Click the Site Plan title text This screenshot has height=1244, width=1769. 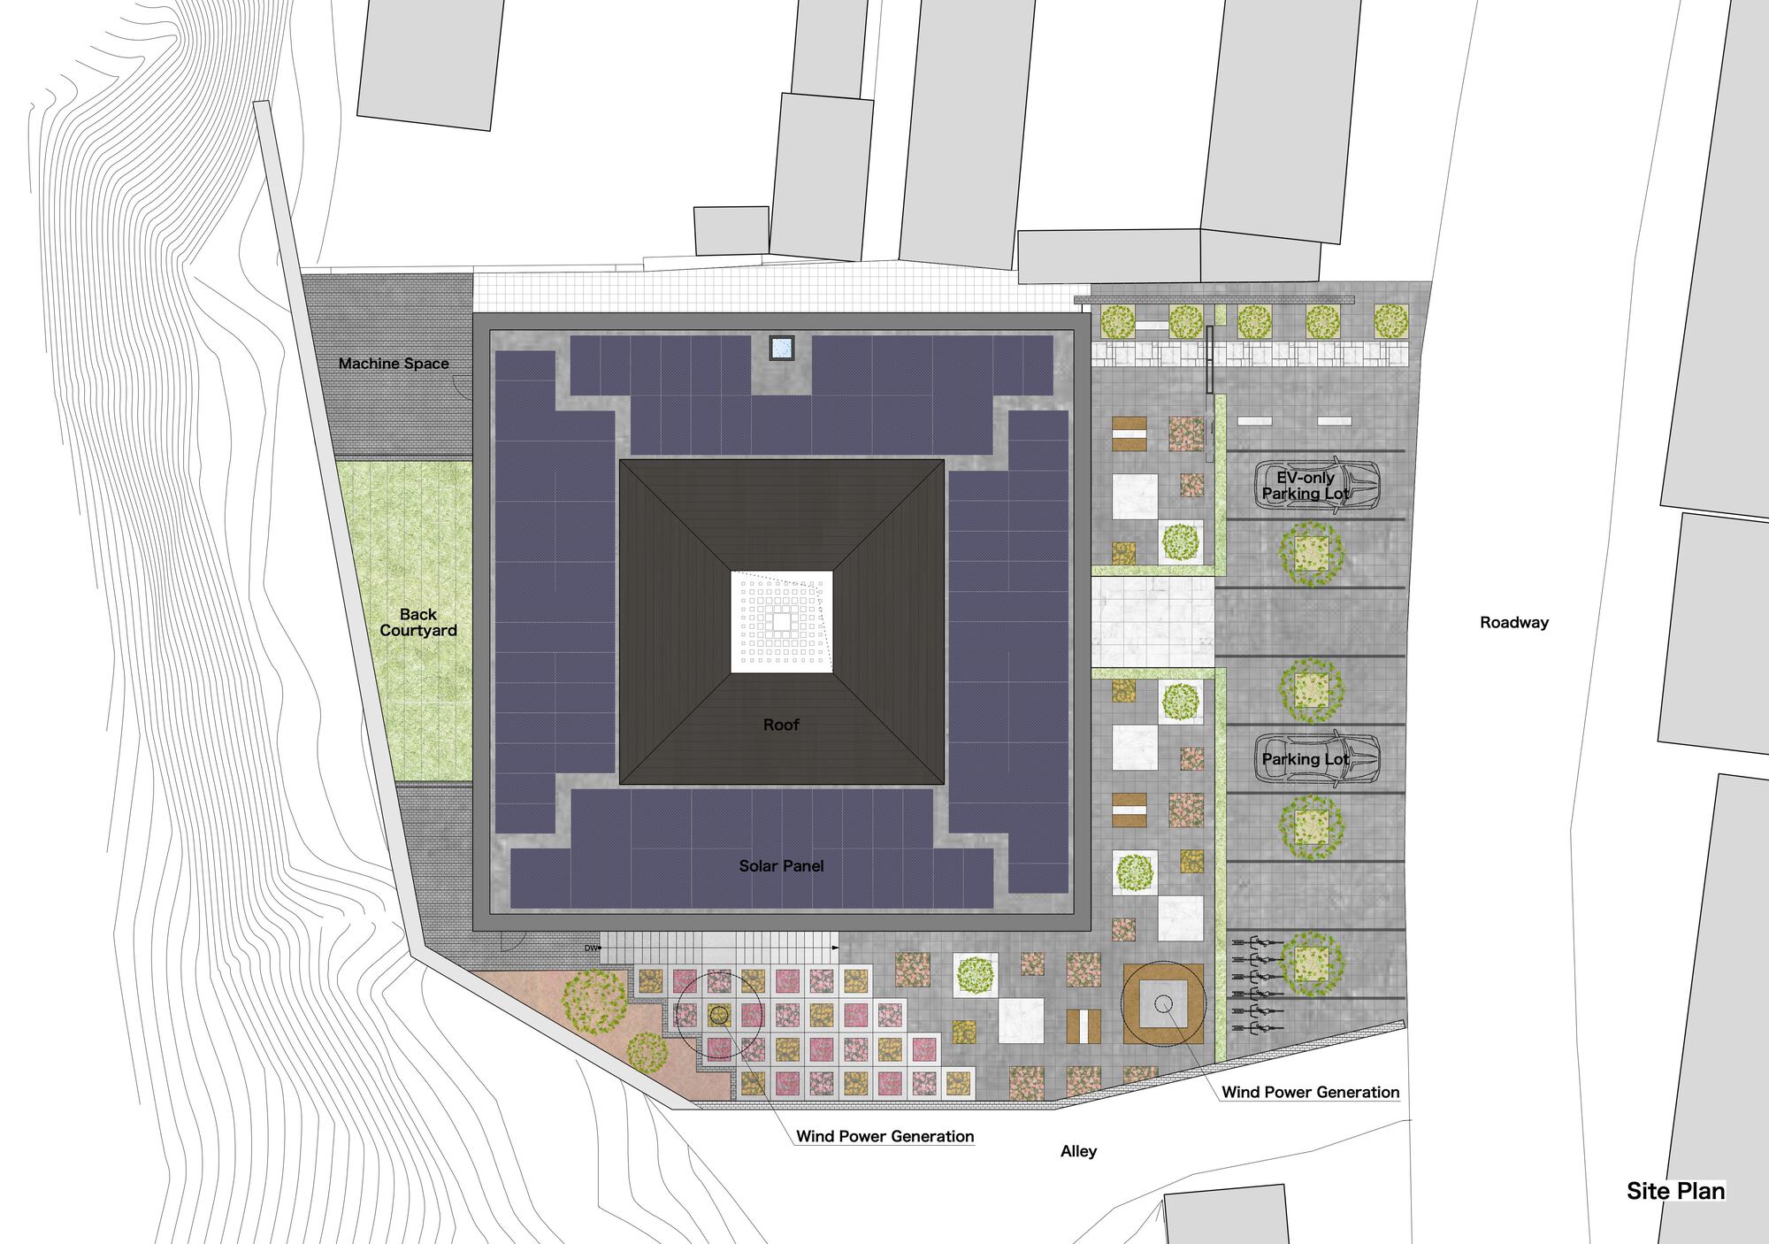pos(1675,1191)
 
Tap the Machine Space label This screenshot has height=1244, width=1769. pos(394,364)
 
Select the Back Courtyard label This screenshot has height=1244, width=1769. pos(418,622)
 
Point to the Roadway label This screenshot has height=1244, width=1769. pos(1514,623)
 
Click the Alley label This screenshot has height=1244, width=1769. pos(1078,1151)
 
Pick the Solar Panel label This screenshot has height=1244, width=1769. pos(781,866)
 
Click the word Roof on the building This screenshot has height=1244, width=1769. pos(781,725)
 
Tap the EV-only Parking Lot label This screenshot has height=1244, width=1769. pos(1306,486)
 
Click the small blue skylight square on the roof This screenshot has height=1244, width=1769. pos(781,348)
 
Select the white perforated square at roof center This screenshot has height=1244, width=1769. pos(782,622)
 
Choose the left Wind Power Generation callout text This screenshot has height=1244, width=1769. pos(884,1137)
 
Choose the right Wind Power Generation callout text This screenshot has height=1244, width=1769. pos(1310,1093)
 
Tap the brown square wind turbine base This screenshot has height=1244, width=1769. pos(1163,1003)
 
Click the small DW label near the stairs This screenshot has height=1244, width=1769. pos(591,948)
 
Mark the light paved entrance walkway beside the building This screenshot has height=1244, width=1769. pos(1153,621)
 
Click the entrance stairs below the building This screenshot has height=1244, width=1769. pos(718,948)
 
